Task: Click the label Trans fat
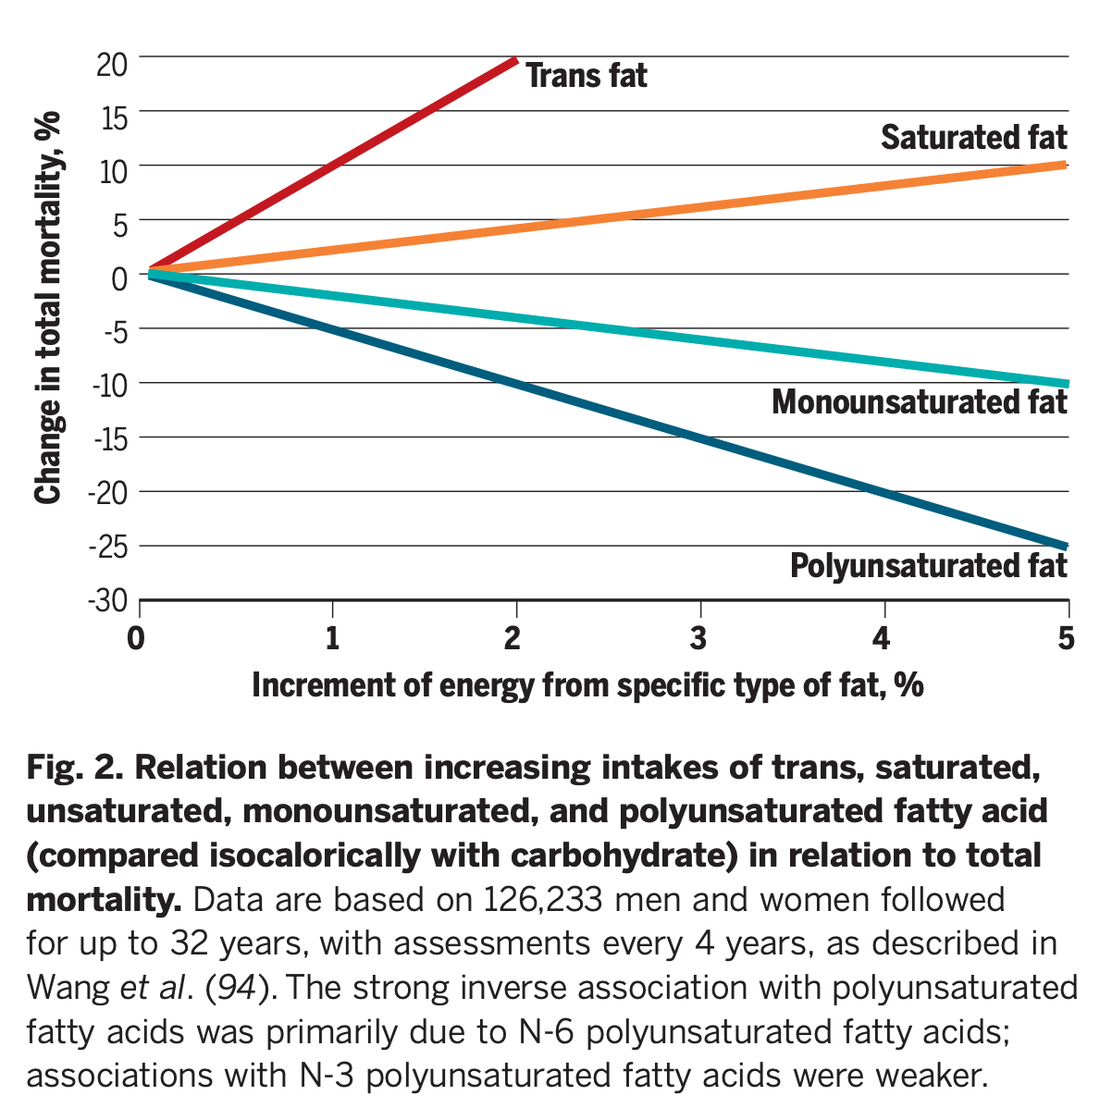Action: (587, 76)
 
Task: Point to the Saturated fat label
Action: (973, 138)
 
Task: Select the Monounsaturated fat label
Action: (919, 402)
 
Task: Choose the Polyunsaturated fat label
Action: (928, 565)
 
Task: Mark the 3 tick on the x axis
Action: (698, 638)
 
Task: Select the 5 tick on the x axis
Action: (1067, 638)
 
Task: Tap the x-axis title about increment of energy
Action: (587, 685)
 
